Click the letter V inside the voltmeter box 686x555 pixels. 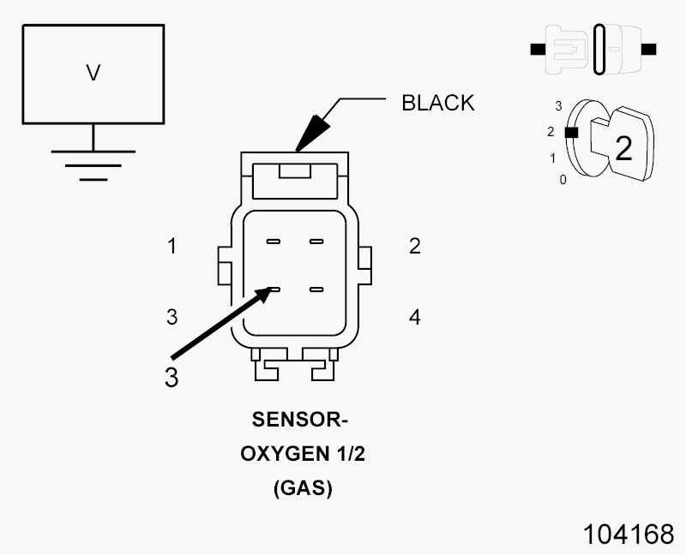[x=93, y=74]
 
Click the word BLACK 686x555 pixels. [x=437, y=103]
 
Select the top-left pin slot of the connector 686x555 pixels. [x=274, y=242]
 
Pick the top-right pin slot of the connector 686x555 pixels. [x=316, y=242]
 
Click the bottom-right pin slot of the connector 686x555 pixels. [x=316, y=290]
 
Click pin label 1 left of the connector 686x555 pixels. [x=172, y=247]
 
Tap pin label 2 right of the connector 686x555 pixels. [x=415, y=247]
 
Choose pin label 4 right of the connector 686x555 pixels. [x=415, y=318]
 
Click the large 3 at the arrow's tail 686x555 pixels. [x=171, y=378]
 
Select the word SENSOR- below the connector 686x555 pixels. [x=302, y=421]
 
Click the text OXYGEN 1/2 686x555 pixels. [x=302, y=455]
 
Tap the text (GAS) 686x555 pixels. [x=302, y=489]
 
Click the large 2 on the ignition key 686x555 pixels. [x=623, y=149]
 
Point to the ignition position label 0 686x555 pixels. [x=563, y=180]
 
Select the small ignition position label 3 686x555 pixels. [x=558, y=106]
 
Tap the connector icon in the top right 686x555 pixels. [x=593, y=49]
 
